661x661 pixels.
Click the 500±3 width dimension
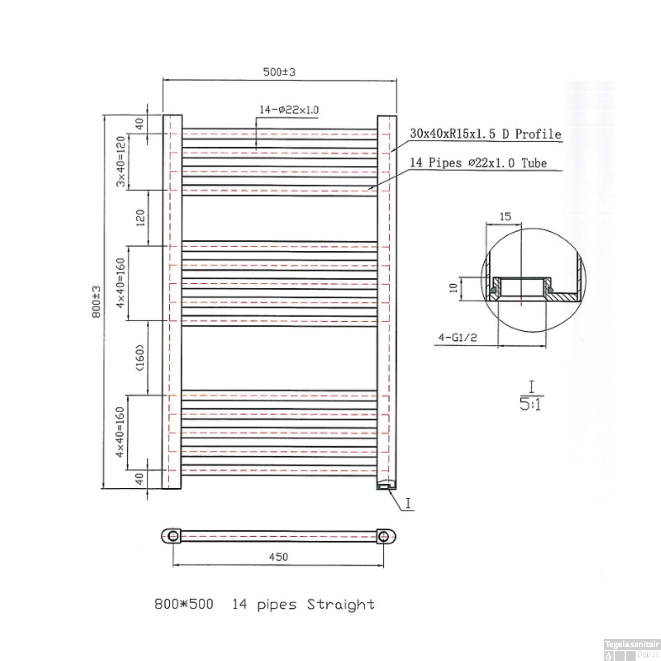279,72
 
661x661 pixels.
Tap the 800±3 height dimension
97,302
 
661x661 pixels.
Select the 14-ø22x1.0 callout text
289,110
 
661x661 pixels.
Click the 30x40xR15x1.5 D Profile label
486,134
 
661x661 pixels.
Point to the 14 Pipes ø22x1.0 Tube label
478,163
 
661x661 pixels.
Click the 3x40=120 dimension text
120,161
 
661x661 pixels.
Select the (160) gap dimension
140,358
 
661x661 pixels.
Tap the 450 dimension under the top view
279,557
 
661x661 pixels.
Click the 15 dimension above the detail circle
505,217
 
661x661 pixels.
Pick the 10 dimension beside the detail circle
453,288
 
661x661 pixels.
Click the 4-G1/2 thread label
457,338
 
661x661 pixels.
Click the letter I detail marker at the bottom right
408,503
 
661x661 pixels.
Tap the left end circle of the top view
173,536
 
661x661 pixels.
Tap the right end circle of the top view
383,536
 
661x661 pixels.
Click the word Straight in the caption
341,605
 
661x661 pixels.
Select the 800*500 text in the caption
184,604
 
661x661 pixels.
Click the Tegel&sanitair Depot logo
631,650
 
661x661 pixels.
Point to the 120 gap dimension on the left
140,218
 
